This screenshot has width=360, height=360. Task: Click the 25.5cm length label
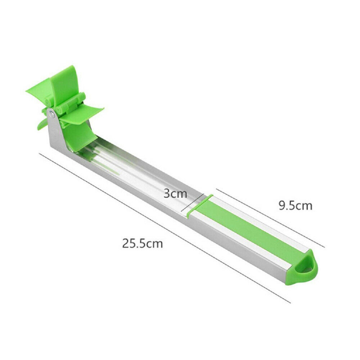click(x=142, y=243)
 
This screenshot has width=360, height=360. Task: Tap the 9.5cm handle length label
click(x=295, y=206)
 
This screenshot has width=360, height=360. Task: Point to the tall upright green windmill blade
click(x=64, y=84)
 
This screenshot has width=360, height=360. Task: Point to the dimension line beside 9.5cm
click(x=270, y=218)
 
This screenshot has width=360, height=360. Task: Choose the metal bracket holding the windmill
click(x=58, y=133)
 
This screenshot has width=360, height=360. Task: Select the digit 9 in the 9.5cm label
click(x=282, y=206)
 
